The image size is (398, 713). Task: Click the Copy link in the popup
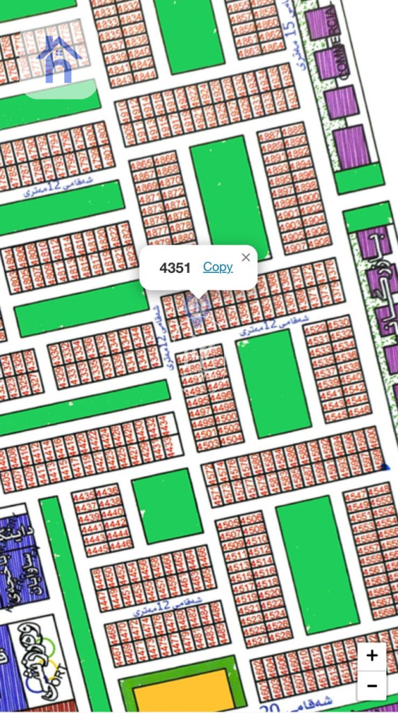point(218,267)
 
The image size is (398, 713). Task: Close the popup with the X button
point(246,258)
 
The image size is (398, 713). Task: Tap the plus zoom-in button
point(372,655)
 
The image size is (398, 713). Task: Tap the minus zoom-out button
point(372,686)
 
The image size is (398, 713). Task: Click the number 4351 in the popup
point(175,268)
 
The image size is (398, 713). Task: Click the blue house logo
point(58,60)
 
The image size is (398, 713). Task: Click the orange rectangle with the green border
point(184,689)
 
